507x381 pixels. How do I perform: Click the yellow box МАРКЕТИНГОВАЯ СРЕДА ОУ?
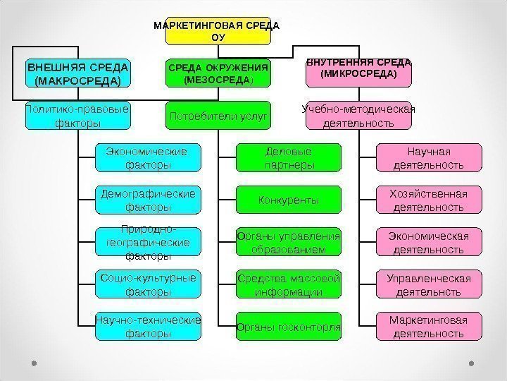pos(217,30)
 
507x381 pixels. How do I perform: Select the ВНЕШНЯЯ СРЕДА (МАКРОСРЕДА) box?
pos(78,73)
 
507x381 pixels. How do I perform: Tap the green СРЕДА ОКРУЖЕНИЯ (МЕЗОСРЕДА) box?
pos(218,73)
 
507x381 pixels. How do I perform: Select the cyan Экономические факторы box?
pos(148,158)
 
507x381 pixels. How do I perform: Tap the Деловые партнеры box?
pos(289,158)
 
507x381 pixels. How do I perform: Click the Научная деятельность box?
pos(430,158)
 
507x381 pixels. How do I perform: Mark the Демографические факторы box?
pos(148,200)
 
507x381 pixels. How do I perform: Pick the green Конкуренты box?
pos(289,200)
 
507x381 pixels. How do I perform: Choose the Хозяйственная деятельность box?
pos(430,200)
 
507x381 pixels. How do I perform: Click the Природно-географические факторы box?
pos(148,242)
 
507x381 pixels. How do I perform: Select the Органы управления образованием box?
pos(289,242)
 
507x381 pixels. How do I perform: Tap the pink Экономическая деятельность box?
pos(430,242)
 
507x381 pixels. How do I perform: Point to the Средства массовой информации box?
pos(289,284)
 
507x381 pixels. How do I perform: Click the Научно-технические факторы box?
pos(148,326)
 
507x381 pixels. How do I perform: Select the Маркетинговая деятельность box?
pos(430,326)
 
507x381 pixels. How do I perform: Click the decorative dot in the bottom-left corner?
pos(34,364)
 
